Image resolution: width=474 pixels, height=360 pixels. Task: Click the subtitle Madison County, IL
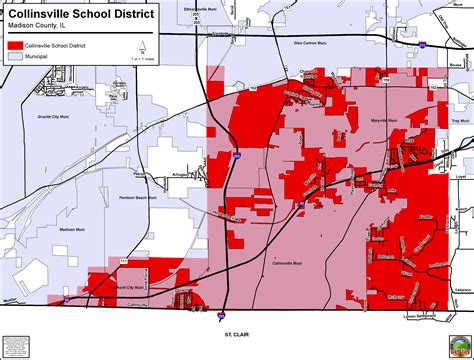41,28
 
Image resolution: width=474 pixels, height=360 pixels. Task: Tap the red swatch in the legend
17,46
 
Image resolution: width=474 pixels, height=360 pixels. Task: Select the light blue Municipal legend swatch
17,58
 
